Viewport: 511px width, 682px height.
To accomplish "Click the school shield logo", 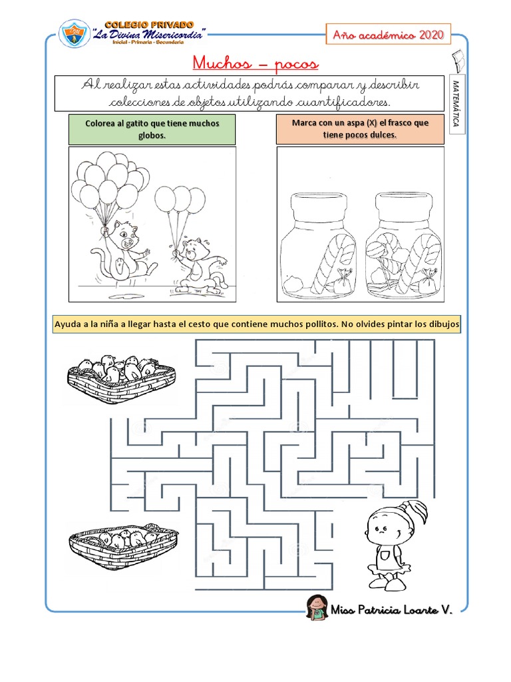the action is click(x=75, y=33).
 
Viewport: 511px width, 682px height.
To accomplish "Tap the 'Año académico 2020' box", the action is click(x=389, y=35).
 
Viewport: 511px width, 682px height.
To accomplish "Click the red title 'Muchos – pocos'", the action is click(x=255, y=63).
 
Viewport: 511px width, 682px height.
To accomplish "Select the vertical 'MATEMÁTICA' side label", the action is click(x=456, y=103).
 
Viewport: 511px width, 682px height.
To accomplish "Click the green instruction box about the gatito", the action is click(x=152, y=129).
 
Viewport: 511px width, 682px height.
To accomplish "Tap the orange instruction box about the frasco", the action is click(x=360, y=129).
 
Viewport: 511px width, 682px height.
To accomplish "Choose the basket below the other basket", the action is click(x=123, y=546).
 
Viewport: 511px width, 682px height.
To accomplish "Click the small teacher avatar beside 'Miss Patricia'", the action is click(x=316, y=607).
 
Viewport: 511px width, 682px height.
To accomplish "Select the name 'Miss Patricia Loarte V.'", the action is click(x=391, y=609).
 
